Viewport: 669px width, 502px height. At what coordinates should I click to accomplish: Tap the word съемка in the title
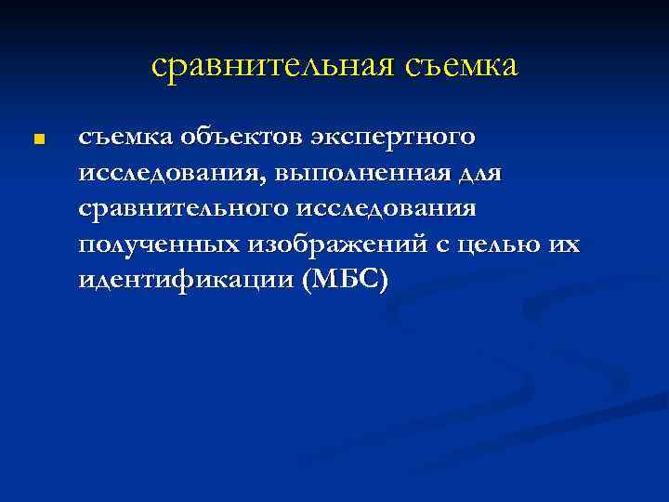click(460, 66)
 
